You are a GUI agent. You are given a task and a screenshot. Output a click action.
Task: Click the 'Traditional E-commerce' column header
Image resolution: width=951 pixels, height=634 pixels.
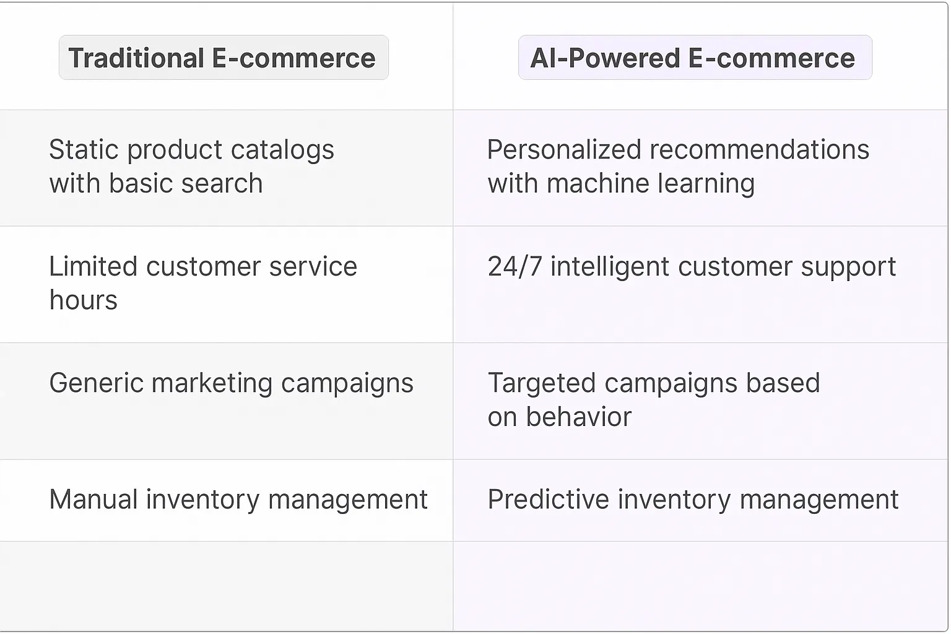[x=223, y=58]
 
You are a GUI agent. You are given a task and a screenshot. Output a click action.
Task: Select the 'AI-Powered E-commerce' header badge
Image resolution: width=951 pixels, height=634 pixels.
[x=694, y=58]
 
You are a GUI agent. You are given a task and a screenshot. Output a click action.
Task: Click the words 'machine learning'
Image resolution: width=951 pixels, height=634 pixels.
[x=651, y=184]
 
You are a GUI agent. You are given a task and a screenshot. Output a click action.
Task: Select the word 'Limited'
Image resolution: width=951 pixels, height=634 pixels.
[x=93, y=266]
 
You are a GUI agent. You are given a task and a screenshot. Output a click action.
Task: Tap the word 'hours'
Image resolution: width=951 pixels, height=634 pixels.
[x=84, y=300]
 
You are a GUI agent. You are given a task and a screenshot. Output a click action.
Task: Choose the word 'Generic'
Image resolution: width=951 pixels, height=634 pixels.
[x=96, y=383]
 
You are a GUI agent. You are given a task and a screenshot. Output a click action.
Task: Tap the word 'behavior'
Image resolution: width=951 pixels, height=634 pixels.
[x=578, y=417]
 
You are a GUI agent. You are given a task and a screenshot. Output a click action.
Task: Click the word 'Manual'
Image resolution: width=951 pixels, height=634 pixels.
[x=93, y=500]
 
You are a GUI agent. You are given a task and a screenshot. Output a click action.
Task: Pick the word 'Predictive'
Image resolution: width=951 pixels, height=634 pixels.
[x=548, y=500]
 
